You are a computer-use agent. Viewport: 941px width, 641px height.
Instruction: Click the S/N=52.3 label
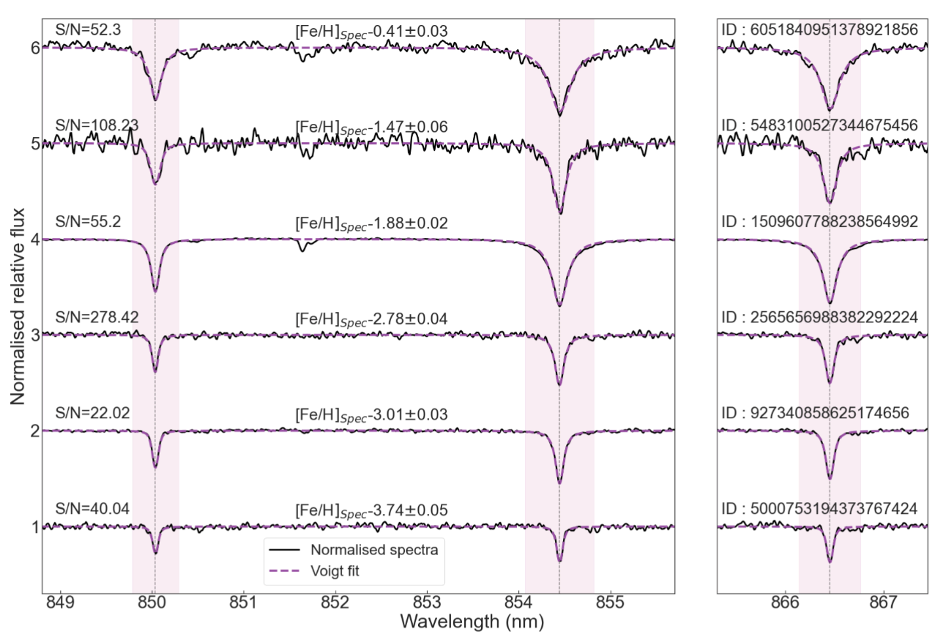pos(88,30)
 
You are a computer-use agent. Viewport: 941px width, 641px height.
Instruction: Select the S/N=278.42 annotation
pos(97,317)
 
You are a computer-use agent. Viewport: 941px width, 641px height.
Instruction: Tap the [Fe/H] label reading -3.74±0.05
pos(372,511)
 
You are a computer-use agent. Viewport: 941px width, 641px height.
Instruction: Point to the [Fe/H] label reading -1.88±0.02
pos(372,223)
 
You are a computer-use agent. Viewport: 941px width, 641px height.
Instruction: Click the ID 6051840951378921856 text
pos(819,29)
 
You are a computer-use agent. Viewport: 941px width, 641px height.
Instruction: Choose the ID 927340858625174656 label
pos(815,413)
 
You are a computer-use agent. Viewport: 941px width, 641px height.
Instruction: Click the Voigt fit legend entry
pos(335,571)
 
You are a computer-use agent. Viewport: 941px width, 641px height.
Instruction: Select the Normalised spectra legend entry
pos(374,550)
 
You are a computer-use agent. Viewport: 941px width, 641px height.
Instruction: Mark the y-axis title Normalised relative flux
pos(18,306)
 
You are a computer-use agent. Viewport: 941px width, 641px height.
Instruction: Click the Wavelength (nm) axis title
pos(472,621)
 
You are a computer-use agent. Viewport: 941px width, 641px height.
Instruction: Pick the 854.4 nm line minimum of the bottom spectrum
pos(560,561)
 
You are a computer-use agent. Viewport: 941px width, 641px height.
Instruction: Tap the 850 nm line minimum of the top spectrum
pos(155,100)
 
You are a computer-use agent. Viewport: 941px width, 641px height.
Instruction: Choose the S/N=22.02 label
pos(92,413)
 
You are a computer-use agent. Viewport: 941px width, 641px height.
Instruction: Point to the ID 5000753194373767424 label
pos(819,509)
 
